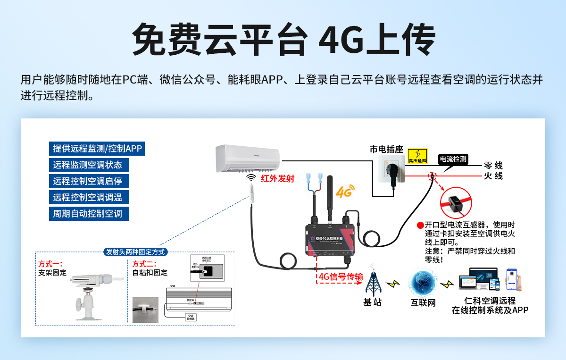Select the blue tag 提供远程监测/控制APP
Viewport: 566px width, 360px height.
97,149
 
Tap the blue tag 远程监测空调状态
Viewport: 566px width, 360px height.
89,165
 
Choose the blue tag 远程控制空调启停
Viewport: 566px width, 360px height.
89,181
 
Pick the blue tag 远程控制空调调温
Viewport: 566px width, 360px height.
89,197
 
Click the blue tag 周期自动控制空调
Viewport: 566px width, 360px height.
89,213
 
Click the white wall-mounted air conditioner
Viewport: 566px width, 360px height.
248,159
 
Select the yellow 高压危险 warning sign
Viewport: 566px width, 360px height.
417,156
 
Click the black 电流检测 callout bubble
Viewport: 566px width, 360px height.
453,159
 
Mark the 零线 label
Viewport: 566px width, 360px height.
493,166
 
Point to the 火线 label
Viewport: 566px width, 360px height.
493,176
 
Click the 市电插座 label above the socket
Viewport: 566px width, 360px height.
386,150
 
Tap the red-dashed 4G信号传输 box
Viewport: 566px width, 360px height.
341,276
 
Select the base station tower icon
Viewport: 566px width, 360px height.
373,282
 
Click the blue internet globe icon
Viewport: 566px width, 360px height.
422,282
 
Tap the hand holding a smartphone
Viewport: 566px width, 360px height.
515,280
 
